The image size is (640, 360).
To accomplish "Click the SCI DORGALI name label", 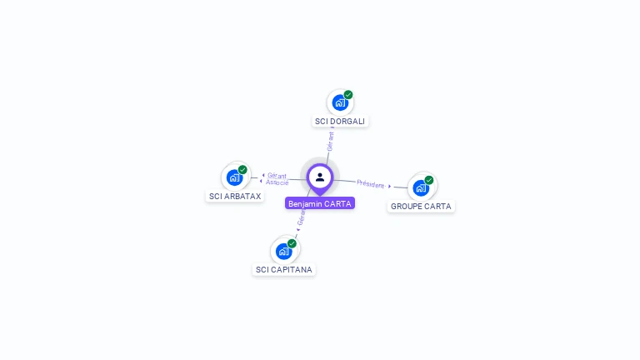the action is tap(340, 121).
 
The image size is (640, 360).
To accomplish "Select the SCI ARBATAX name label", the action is tap(235, 197).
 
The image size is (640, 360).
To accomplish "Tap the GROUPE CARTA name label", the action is tap(421, 206).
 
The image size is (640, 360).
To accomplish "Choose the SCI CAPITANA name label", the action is tap(284, 269).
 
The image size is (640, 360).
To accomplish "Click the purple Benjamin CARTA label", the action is tap(320, 203).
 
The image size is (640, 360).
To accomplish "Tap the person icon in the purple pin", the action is tap(320, 177).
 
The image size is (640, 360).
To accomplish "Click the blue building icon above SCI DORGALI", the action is tap(339, 102).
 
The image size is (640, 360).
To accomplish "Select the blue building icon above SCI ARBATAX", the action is tap(234, 177).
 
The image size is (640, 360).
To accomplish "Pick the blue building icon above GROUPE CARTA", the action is tap(421, 187).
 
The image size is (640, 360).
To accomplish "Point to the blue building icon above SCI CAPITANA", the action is tap(283, 251).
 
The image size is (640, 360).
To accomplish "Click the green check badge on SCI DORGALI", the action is tap(348, 95).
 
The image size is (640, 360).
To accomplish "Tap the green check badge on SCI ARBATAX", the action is tap(242, 170).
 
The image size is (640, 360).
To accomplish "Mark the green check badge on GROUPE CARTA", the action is tap(429, 180).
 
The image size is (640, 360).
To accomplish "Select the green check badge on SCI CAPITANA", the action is tap(292, 243).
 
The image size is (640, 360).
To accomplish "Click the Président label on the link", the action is tap(370, 184).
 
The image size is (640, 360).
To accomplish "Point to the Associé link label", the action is tap(277, 182).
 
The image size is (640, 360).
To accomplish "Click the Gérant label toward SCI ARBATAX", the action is tap(277, 176).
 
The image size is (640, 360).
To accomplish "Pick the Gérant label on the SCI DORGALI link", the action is tap(330, 141).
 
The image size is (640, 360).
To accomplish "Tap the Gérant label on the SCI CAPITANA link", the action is tap(302, 218).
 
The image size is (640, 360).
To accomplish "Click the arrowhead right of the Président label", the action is tap(390, 187).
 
